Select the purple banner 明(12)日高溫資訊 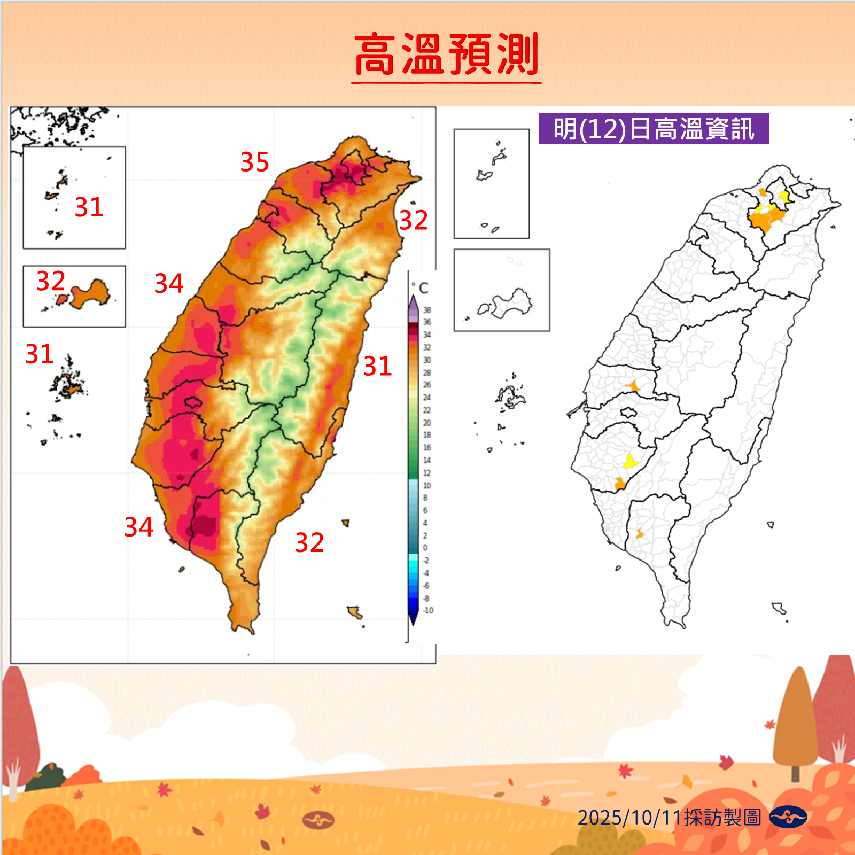654,129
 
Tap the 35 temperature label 254,162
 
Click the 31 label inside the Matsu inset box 89,207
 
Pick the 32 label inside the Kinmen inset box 51,281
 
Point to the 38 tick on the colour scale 427,310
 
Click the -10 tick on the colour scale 428,610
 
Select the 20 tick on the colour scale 427,423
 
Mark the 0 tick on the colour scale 425,548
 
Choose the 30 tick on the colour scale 427,360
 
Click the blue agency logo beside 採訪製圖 788,817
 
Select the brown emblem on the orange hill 318,820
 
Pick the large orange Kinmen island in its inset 91,294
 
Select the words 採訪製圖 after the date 722,818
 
